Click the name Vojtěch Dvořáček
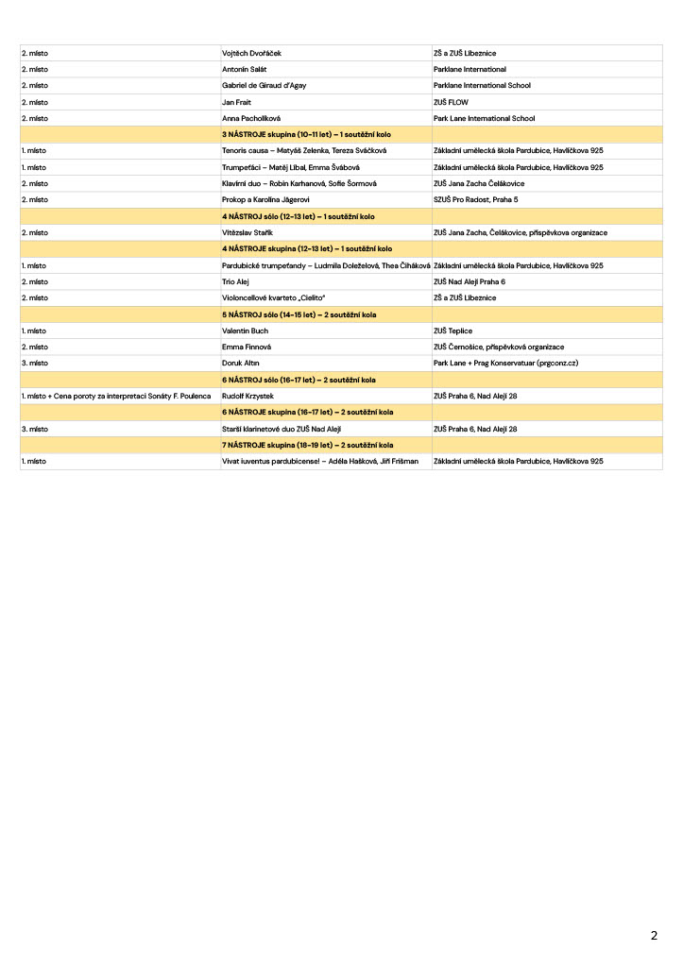tap(250, 53)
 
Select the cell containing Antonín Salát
tap(244, 69)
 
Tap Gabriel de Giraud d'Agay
tap(264, 85)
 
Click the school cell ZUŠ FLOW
tap(451, 102)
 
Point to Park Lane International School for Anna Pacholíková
tap(484, 118)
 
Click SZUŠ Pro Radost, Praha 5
tap(476, 199)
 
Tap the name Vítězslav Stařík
tap(247, 232)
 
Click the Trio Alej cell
tap(234, 281)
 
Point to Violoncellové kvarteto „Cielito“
tap(274, 297)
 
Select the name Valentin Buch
tap(245, 331)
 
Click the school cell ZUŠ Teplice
tap(452, 331)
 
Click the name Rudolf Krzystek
tap(248, 396)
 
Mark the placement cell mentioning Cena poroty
tap(115, 396)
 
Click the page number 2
tap(654, 936)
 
